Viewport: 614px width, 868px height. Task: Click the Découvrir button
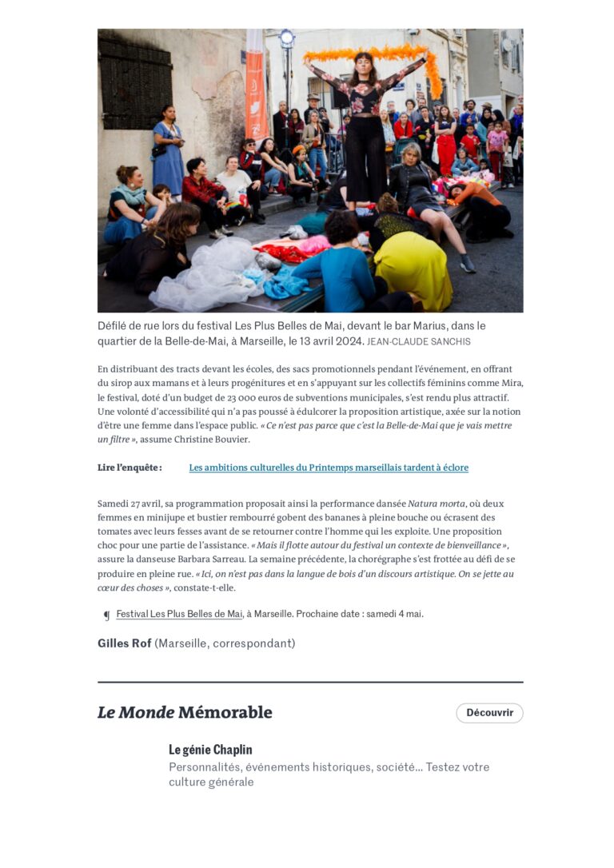[489, 713]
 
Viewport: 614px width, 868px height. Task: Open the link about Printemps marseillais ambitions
[329, 468]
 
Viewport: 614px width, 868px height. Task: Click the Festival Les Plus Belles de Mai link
[179, 614]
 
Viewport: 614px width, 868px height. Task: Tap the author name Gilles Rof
[124, 643]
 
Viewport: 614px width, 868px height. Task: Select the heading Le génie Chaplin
[210, 750]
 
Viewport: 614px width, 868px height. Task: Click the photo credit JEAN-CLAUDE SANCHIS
[419, 342]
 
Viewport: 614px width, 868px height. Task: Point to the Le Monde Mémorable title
[185, 712]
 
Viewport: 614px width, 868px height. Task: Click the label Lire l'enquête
[130, 468]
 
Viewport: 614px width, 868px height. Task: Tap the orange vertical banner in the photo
[256, 88]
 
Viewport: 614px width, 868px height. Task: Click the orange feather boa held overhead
[376, 54]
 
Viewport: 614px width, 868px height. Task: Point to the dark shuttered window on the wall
[135, 85]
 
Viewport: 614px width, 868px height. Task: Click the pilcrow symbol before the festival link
[106, 615]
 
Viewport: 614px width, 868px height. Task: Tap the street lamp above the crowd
[286, 38]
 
